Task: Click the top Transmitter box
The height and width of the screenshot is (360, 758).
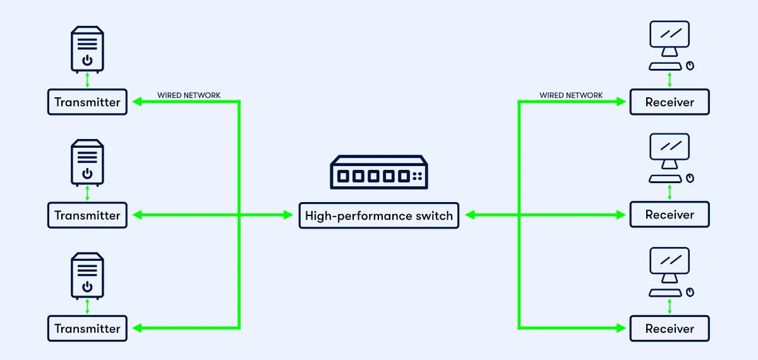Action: coord(87,102)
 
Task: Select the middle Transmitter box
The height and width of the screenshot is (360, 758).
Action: coord(87,215)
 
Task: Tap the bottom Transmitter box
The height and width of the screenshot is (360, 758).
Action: coord(87,328)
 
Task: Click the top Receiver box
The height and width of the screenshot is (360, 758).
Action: coord(670,102)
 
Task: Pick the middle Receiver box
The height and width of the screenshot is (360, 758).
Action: coord(670,215)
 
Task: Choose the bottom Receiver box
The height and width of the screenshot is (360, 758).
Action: coord(670,328)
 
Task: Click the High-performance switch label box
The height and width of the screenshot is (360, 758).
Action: coord(379,215)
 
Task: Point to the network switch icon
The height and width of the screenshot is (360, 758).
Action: coord(379,172)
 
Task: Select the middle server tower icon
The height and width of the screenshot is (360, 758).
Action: coord(87,162)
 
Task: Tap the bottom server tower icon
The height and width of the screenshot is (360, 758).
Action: coord(87,275)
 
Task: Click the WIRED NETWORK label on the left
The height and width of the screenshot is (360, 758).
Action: coord(189,95)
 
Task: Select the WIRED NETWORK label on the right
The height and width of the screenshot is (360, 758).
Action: coord(571,95)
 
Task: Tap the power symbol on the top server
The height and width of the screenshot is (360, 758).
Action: coord(87,61)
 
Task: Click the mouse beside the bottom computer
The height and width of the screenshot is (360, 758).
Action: coord(690,292)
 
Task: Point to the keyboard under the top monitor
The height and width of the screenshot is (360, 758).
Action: coord(666,66)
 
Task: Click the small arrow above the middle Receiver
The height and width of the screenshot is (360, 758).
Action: coord(670,193)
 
